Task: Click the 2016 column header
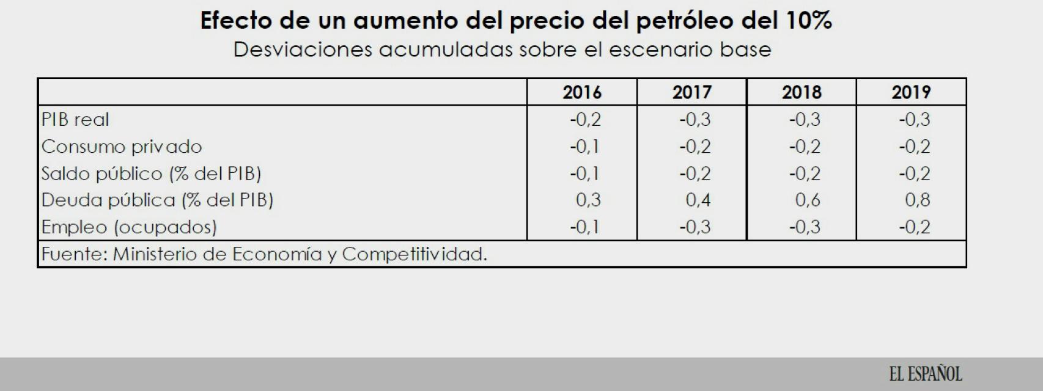582,92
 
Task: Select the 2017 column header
692,92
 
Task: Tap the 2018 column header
802,92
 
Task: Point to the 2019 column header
911,92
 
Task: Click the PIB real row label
75,119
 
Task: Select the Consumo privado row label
122,147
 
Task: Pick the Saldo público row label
151,174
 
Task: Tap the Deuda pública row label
157,200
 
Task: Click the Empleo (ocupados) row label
129,227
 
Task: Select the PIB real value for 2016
585,119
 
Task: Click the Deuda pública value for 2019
918,200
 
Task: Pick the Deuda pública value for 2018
808,200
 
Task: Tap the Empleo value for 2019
915,227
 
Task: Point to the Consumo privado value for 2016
585,147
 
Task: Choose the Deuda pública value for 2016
588,200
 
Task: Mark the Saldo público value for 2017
695,174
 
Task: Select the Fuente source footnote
264,254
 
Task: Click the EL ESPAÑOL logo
926,374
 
